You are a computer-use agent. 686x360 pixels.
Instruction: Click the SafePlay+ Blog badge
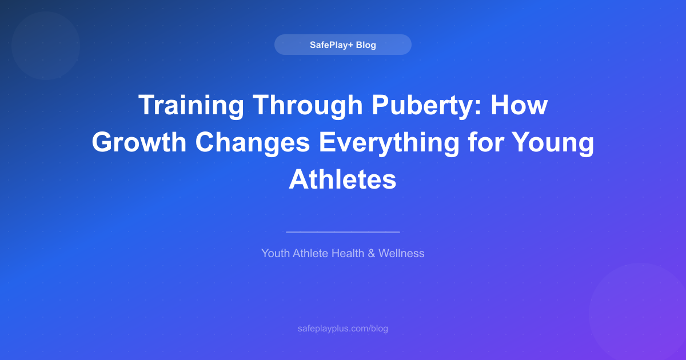[342, 45]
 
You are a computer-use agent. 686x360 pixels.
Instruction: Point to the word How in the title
[523, 106]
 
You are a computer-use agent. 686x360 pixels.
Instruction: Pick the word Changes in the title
[256, 143]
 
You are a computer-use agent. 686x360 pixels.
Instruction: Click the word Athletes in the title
[342, 179]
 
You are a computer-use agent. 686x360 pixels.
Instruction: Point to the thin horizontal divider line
[342, 232]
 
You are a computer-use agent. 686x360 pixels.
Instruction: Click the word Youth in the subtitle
[276, 253]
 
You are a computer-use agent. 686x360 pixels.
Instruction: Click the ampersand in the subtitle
[371, 253]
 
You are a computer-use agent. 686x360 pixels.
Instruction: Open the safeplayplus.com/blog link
[342, 329]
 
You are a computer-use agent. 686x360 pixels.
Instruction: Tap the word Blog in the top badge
[366, 45]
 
